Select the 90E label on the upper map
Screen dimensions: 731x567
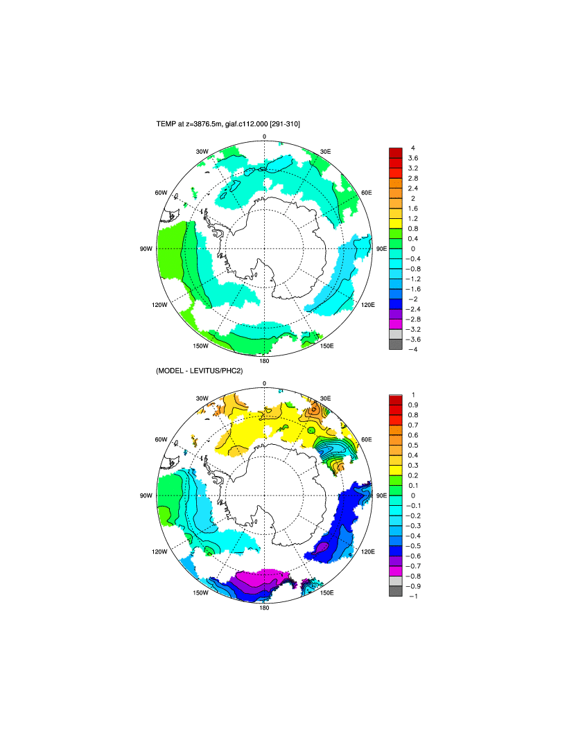tap(381, 248)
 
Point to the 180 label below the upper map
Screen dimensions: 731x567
tap(264, 360)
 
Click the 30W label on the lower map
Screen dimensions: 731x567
tap(202, 398)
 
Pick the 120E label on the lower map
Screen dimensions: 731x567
tap(368, 552)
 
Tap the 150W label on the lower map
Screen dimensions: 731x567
tap(201, 593)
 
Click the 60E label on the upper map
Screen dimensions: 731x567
tap(367, 192)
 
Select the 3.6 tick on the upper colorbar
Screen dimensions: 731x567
tap(412, 158)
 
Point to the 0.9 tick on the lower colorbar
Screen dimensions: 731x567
tap(413, 405)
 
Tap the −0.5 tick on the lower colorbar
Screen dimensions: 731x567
tap(413, 546)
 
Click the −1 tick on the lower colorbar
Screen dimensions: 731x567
tap(413, 596)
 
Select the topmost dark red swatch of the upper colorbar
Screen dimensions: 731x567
tap(395, 152)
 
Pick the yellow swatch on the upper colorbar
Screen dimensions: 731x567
tap(395, 223)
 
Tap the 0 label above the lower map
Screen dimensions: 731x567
tap(264, 384)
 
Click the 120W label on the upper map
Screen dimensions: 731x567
tap(160, 304)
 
